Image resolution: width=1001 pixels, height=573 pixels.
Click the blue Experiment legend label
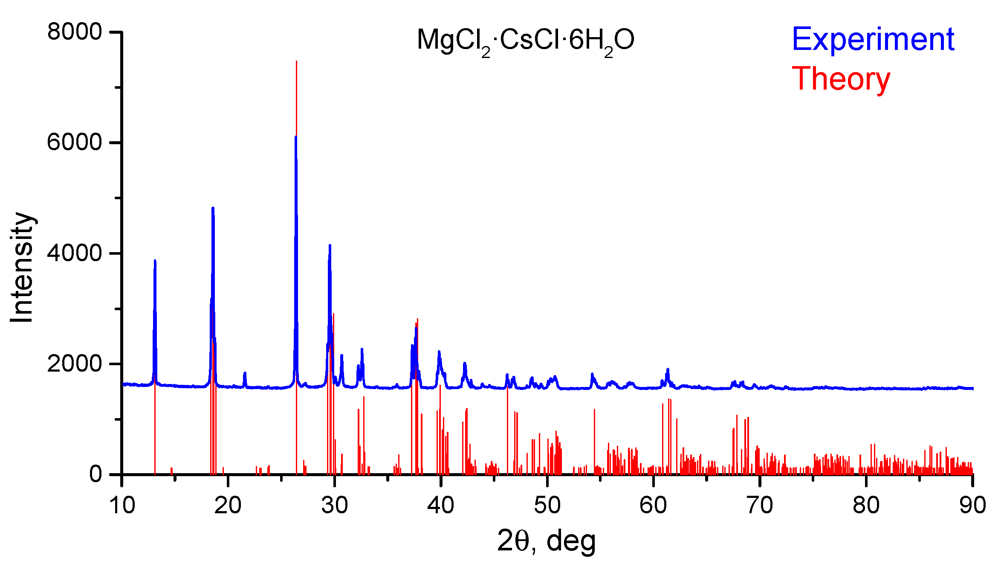click(x=873, y=39)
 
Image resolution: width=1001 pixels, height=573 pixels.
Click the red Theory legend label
click(x=841, y=79)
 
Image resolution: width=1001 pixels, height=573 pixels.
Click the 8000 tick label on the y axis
click(x=75, y=32)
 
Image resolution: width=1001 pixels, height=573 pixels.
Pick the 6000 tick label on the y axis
click(x=75, y=143)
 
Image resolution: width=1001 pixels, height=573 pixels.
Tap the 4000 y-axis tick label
click(x=75, y=253)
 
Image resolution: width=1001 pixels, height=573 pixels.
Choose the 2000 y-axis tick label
click(x=75, y=364)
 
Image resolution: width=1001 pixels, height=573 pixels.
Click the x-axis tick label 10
click(x=122, y=506)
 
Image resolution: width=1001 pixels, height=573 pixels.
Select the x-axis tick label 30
click(x=335, y=506)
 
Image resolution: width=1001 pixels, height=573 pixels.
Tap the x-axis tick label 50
click(x=547, y=506)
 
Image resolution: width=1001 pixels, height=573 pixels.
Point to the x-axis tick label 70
click(x=760, y=506)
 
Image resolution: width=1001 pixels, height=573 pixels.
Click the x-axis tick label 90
click(x=972, y=506)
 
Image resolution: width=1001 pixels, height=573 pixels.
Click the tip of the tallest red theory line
click(x=296, y=61)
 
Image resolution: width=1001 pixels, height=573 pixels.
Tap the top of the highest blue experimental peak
click(x=295, y=137)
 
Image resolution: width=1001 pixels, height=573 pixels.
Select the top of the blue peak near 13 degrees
click(x=155, y=260)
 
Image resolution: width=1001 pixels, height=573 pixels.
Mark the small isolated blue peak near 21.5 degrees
click(x=245, y=373)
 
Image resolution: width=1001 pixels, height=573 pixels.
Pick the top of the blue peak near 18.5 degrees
click(x=213, y=208)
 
